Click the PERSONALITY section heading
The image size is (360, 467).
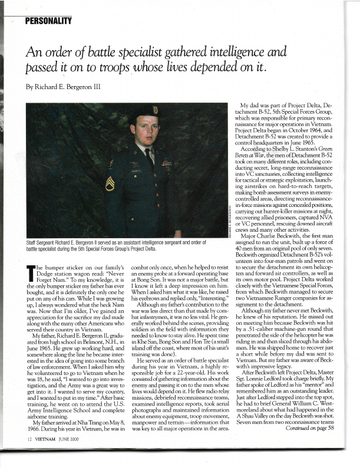48,21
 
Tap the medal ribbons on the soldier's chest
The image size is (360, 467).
167,163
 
